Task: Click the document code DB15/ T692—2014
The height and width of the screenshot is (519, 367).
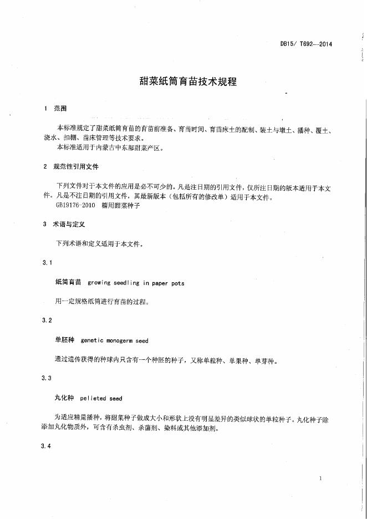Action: [306, 45]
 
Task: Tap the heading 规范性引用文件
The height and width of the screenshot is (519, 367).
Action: [75, 166]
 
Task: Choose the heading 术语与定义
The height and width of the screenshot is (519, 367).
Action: [68, 225]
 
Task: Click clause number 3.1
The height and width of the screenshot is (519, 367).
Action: [47, 262]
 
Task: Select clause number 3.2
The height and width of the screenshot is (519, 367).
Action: [47, 320]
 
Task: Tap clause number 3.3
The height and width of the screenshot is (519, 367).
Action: [47, 378]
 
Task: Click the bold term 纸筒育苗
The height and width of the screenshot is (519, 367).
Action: [68, 282]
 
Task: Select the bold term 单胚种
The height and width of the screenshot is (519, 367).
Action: [65, 340]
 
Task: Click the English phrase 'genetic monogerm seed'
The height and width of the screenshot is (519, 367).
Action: [114, 340]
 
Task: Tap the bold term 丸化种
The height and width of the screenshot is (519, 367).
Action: [65, 398]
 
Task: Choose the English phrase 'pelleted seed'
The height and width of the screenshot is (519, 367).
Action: [101, 398]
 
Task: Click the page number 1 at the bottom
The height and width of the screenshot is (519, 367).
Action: [321, 478]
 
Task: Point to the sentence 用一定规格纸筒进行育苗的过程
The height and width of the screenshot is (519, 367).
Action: [102, 302]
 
